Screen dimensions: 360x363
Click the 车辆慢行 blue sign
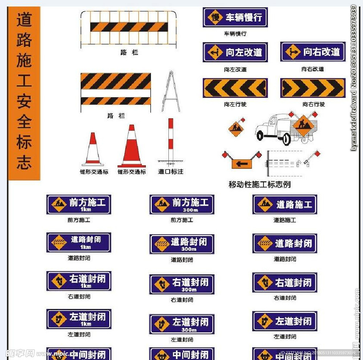pyautogui.click(x=235, y=17)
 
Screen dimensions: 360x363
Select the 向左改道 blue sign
pyautogui.click(x=235, y=52)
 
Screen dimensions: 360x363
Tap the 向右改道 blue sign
pyautogui.click(x=313, y=52)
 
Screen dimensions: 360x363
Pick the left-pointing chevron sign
pyautogui.click(x=235, y=88)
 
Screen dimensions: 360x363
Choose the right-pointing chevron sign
pyautogui.click(x=313, y=88)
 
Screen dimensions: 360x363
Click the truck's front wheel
pyautogui.click(x=260, y=135)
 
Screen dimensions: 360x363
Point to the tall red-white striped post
pyautogui.click(x=171, y=140)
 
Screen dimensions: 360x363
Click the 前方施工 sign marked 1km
pyautogui.click(x=79, y=204)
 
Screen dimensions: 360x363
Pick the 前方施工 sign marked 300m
pyautogui.click(x=182, y=204)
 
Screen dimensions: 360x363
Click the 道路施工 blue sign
pyautogui.click(x=285, y=204)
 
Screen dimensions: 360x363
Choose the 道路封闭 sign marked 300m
pyautogui.click(x=182, y=244)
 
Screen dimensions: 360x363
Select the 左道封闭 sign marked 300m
pyautogui.click(x=182, y=324)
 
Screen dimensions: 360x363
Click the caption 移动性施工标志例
pyautogui.click(x=260, y=185)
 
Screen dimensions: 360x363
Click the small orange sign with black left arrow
pyautogui.click(x=242, y=164)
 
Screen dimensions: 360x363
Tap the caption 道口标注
pyautogui.click(x=171, y=171)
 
